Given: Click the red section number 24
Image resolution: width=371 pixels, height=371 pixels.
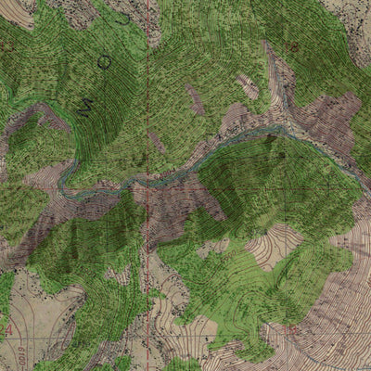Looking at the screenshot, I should (x=8, y=330).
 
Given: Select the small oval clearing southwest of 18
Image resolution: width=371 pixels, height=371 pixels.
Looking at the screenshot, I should (x=249, y=86).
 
